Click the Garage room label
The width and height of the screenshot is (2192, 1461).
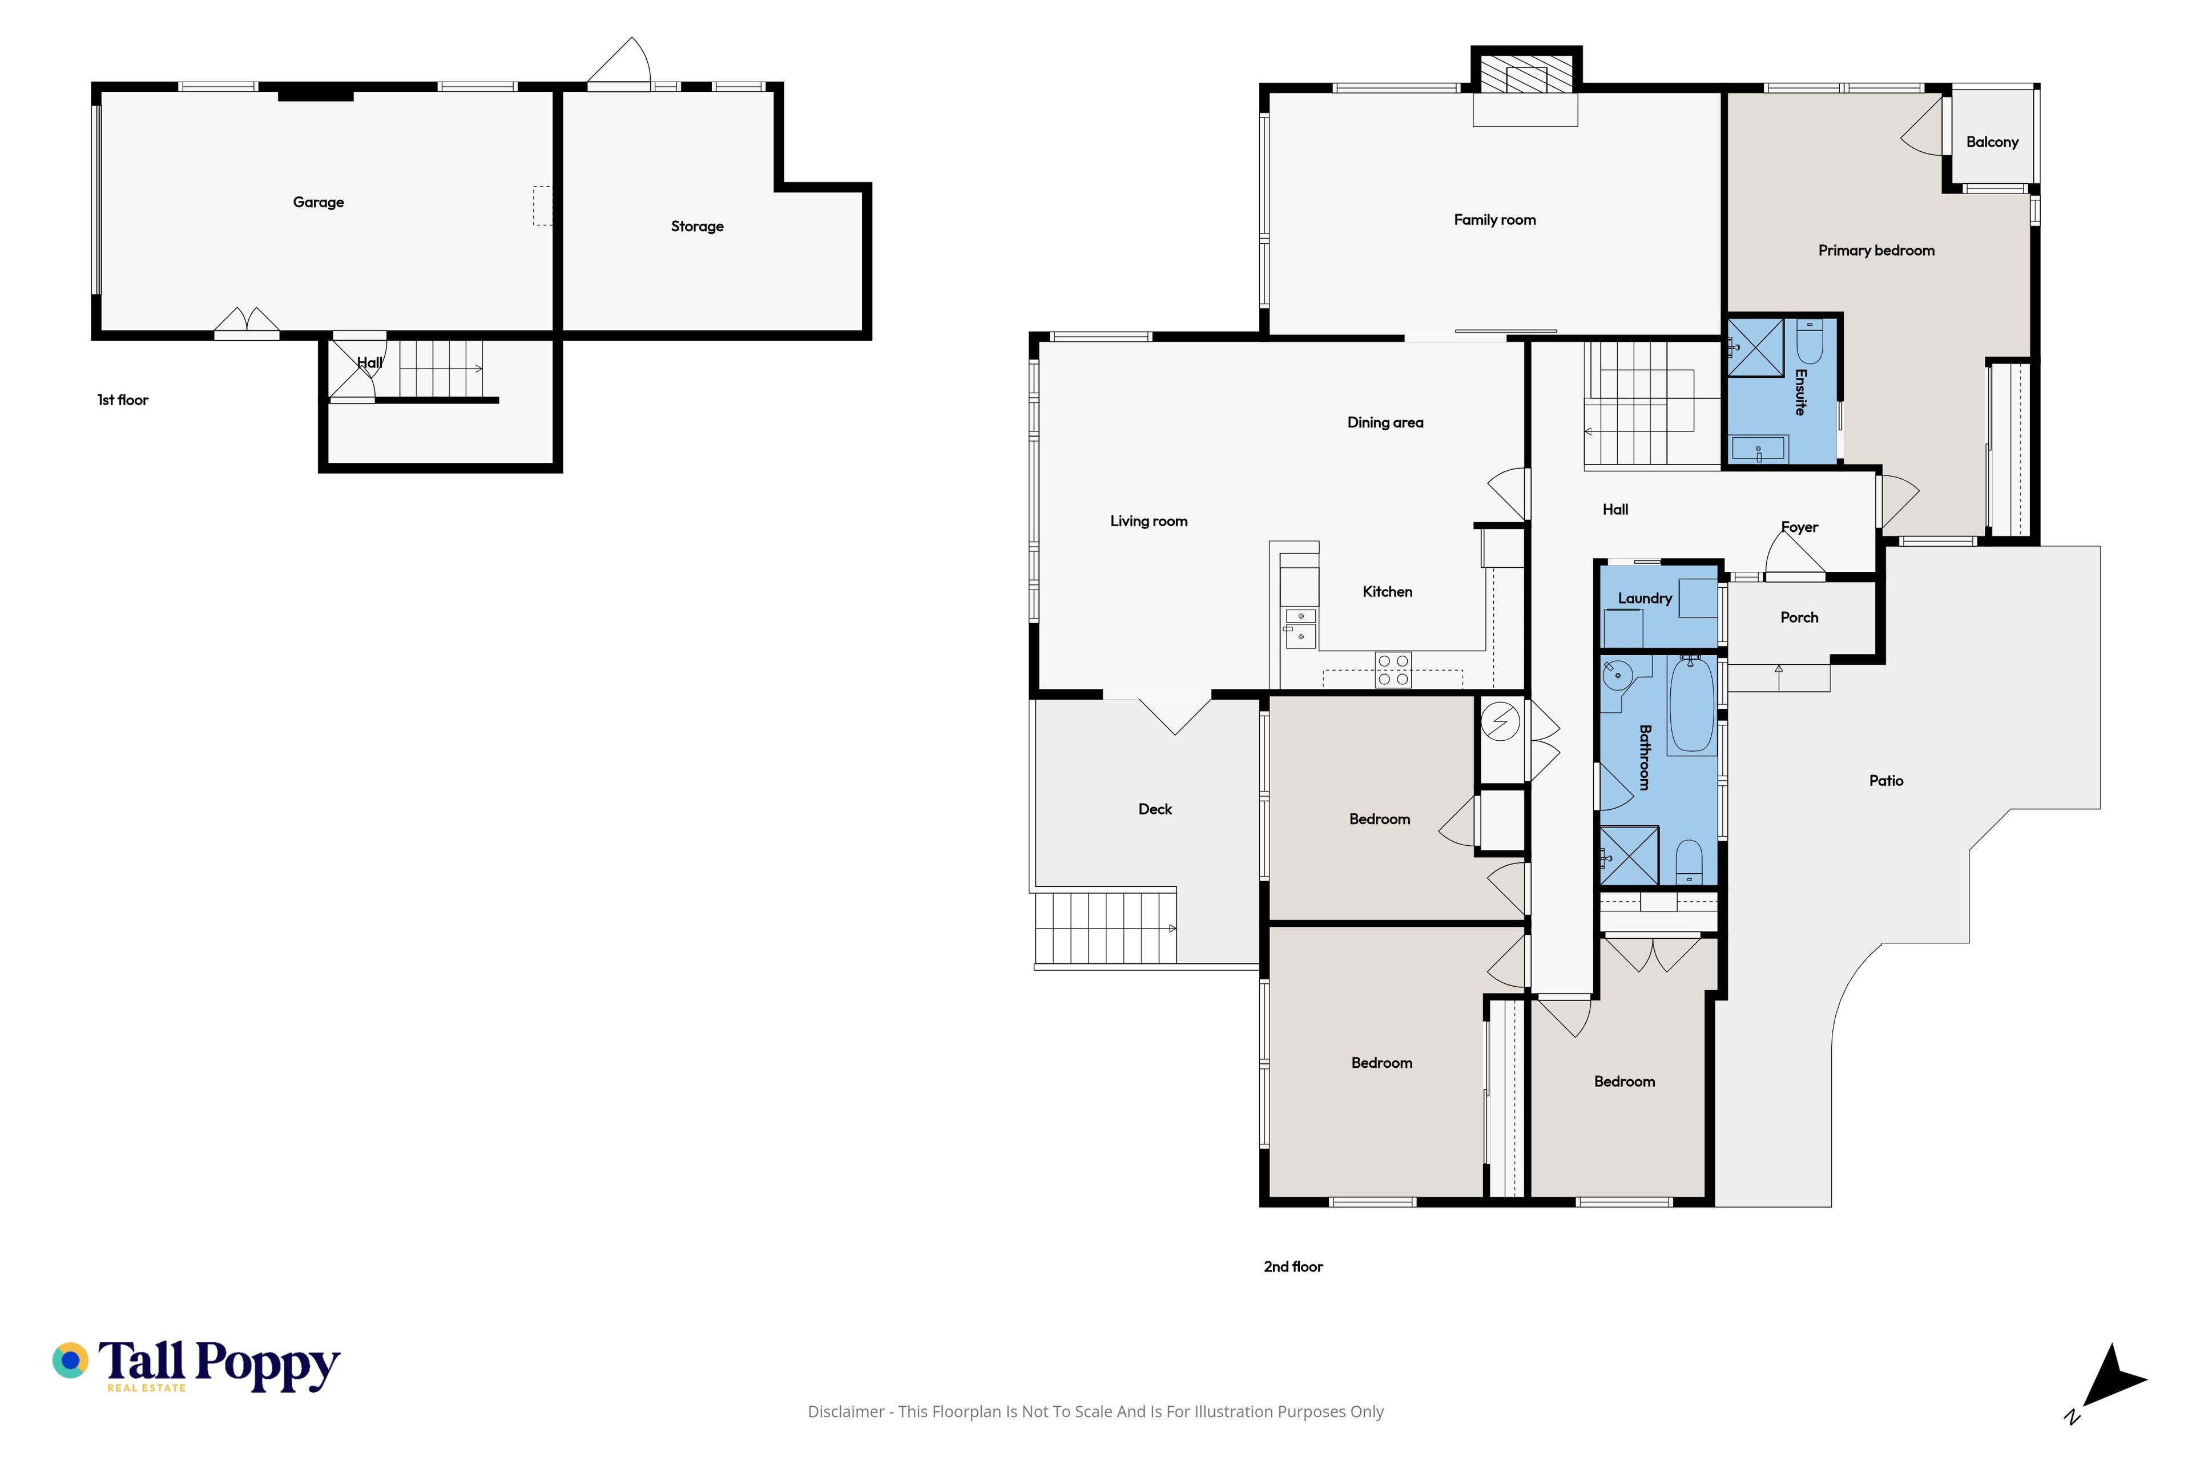(x=318, y=202)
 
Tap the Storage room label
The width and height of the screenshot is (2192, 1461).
(x=697, y=227)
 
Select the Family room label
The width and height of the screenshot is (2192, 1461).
(x=1495, y=220)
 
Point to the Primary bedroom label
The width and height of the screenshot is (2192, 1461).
(x=1876, y=251)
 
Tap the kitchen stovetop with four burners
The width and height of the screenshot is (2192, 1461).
(x=1393, y=670)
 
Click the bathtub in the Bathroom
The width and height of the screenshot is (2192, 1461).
(x=1691, y=704)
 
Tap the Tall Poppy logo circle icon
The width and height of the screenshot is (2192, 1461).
(x=70, y=1361)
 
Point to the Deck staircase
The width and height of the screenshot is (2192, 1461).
(x=1105, y=928)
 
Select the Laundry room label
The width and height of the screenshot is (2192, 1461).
(x=1645, y=598)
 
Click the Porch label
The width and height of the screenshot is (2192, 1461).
(x=1800, y=618)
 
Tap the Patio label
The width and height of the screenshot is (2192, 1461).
(x=1886, y=781)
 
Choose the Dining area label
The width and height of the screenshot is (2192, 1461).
(x=1386, y=423)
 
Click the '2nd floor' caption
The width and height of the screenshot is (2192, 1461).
(x=1294, y=1266)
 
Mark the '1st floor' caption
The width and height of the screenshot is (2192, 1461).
(x=123, y=399)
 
